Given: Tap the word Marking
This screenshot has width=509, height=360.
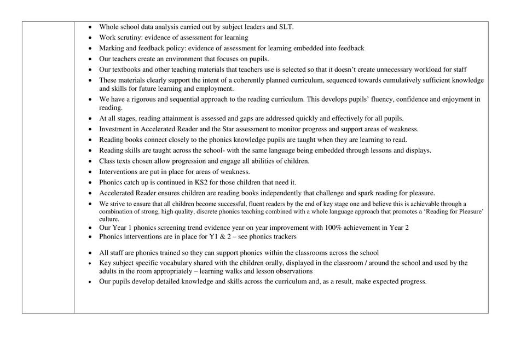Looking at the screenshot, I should click(112, 48).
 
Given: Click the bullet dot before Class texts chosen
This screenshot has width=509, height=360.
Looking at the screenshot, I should click(90, 161).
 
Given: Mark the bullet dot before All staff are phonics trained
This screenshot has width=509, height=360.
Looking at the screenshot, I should click(90, 253).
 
